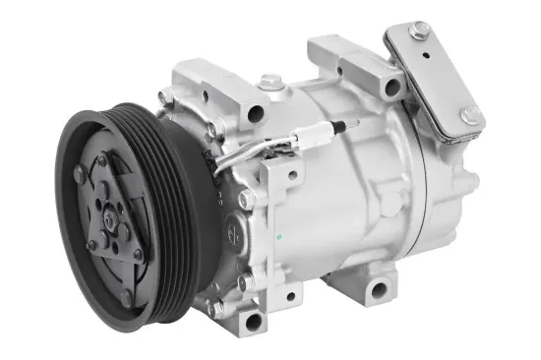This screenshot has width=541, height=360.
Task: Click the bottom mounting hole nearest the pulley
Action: [255, 321]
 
